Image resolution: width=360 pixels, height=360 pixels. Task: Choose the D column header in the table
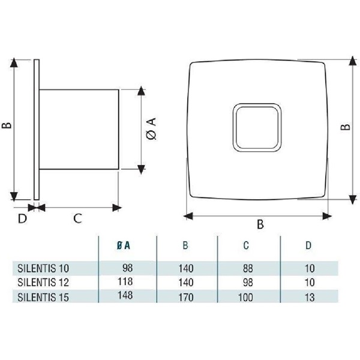pos(309,245)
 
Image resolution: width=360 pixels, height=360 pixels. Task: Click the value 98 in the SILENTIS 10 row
pos(125,266)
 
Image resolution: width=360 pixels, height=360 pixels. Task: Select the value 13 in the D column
pos(308,296)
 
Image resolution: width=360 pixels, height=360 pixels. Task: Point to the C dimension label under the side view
pos(77,218)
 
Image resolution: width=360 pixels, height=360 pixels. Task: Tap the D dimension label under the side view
pos(22,218)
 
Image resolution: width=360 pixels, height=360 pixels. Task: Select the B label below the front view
pos(260,224)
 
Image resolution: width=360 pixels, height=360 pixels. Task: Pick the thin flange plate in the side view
pos(37,129)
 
